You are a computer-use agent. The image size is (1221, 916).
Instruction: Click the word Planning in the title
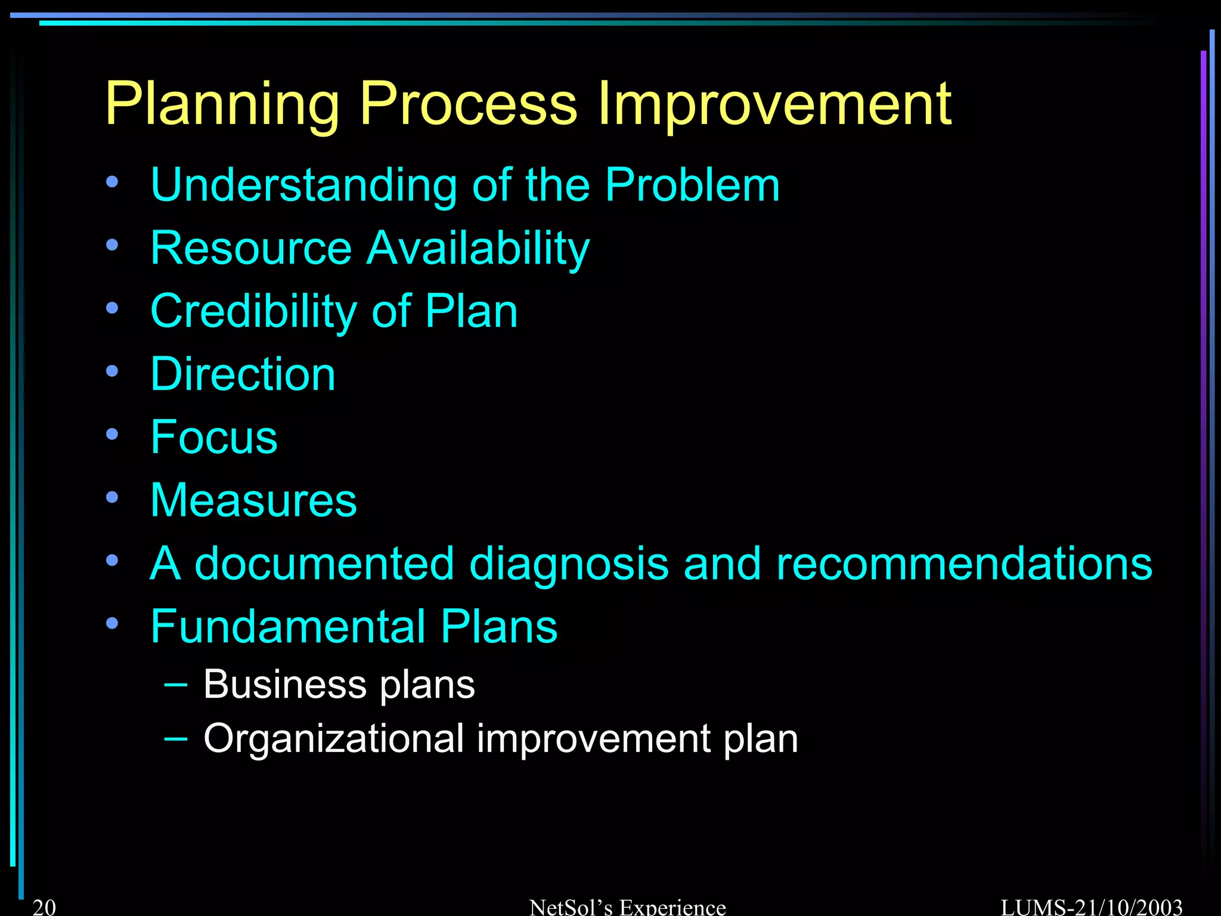point(222,105)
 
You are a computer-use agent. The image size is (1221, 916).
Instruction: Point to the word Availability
point(478,249)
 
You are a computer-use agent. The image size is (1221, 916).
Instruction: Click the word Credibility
point(253,312)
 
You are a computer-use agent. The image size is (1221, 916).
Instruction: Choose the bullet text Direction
point(243,375)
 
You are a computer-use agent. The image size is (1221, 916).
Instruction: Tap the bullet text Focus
point(213,437)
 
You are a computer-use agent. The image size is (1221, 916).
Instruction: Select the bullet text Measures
point(253,500)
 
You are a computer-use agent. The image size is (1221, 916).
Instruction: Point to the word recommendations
point(964,564)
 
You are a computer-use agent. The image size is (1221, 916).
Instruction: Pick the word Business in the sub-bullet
point(284,684)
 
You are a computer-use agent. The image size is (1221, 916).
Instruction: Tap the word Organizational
point(333,739)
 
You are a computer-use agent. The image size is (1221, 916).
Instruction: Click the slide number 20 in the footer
point(44,906)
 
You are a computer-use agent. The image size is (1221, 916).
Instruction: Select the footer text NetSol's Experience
point(627,907)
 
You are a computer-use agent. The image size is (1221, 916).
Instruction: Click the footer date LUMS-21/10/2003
point(1091,907)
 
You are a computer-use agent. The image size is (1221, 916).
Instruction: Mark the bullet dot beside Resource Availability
point(112,245)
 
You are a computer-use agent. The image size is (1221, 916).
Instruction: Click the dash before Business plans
point(175,684)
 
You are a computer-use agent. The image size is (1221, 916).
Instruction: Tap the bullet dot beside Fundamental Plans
point(112,623)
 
